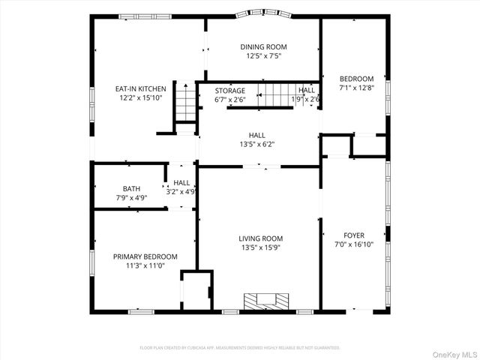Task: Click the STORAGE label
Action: (x=229, y=90)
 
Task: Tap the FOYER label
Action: (x=354, y=235)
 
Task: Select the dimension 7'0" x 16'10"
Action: (x=354, y=244)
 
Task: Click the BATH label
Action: (x=131, y=188)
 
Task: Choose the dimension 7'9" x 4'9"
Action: (x=130, y=197)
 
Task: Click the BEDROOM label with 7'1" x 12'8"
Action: (x=356, y=79)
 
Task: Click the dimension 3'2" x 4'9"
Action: (x=181, y=191)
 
